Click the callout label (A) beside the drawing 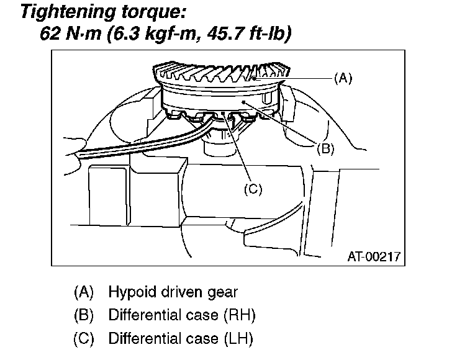pyautogui.click(x=343, y=79)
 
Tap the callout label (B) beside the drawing pyautogui.click(x=325, y=148)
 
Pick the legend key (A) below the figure pyautogui.click(x=83, y=292)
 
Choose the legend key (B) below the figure pyautogui.click(x=83, y=315)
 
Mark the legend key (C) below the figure pyautogui.click(x=83, y=339)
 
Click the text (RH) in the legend pyautogui.click(x=238, y=315)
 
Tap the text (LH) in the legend pyautogui.click(x=237, y=339)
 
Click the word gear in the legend pyautogui.click(x=224, y=292)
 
